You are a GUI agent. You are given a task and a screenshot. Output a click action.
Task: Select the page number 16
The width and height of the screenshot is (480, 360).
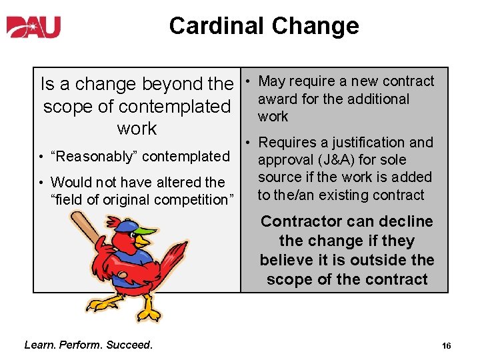click(446, 345)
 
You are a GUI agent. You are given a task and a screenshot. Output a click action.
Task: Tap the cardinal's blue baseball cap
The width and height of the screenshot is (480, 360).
click(127, 230)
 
